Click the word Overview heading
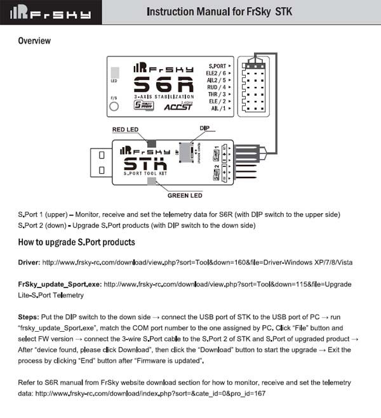pyautogui.click(x=34, y=41)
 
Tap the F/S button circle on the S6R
pyautogui.click(x=114, y=107)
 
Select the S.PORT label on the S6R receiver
pyautogui.click(x=218, y=65)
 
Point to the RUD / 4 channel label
pyautogui.click(x=219, y=87)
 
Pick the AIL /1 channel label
pyautogui.click(x=220, y=108)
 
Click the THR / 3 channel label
pyautogui.click(x=219, y=94)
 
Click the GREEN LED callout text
pyautogui.click(x=185, y=195)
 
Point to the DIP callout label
pyautogui.click(x=204, y=128)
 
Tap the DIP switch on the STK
pyautogui.click(x=185, y=152)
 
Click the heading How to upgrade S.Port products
pyautogui.click(x=76, y=242)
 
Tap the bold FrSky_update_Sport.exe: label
pyautogui.click(x=59, y=284)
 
